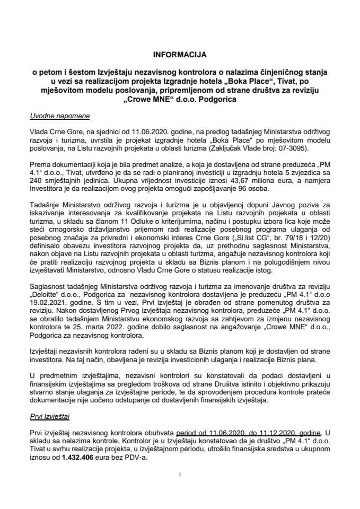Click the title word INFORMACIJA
point(180,54)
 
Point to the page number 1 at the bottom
point(180,474)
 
